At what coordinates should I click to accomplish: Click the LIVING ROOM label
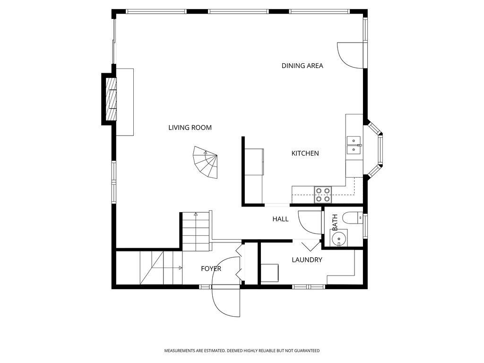point(190,128)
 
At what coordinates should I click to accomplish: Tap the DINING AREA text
point(302,66)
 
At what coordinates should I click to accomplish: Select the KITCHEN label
point(305,153)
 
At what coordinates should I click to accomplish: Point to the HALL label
point(280,219)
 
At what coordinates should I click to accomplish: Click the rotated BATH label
point(335,222)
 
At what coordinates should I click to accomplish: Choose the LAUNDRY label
point(307,259)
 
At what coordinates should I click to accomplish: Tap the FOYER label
point(211,268)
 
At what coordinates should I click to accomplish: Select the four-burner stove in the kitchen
point(323,191)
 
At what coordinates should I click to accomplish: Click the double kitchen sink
point(353,145)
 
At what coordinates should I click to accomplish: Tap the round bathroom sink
point(339,239)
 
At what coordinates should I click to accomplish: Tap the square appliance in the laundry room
point(269,273)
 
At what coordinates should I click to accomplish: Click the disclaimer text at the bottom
point(242,351)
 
